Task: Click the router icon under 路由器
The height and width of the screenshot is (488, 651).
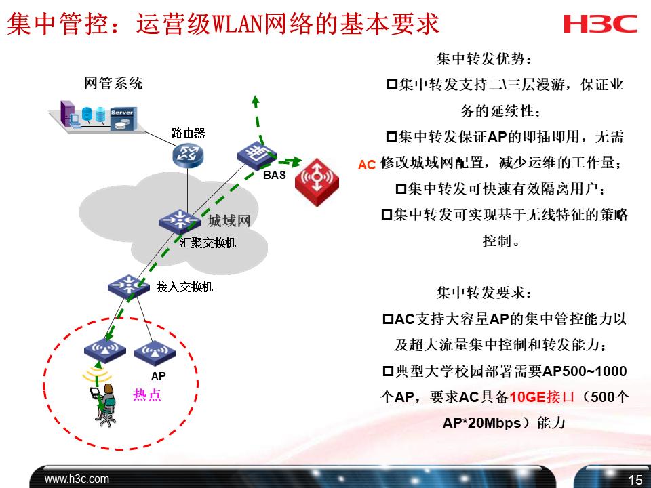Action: (188, 155)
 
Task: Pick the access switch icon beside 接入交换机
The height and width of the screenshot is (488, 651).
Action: (128, 286)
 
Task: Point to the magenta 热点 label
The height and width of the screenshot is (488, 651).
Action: (147, 395)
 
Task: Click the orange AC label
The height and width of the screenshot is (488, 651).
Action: (367, 165)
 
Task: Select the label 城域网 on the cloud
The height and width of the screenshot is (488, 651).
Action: (229, 221)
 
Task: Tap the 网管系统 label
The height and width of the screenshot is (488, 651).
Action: (113, 84)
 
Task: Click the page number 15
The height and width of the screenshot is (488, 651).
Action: (635, 480)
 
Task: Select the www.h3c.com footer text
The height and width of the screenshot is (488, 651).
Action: (77, 479)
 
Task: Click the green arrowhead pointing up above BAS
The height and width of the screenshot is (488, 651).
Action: (256, 100)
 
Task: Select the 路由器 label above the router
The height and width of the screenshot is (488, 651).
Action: (188, 133)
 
